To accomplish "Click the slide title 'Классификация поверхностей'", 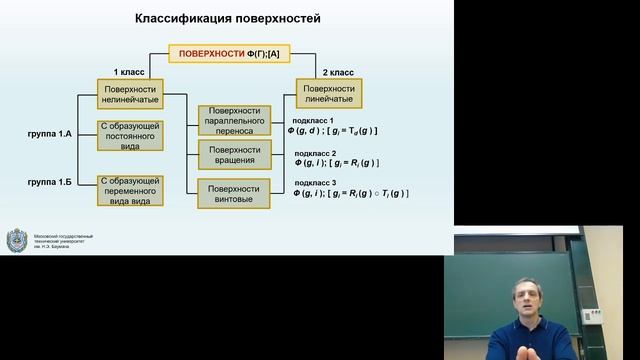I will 228,19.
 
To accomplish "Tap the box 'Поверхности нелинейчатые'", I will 130,95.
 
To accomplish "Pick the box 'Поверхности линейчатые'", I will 329,95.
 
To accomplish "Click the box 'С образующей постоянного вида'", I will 130,134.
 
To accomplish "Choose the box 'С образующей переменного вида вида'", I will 130,189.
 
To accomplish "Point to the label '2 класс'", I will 329,73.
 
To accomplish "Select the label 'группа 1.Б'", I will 51,183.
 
